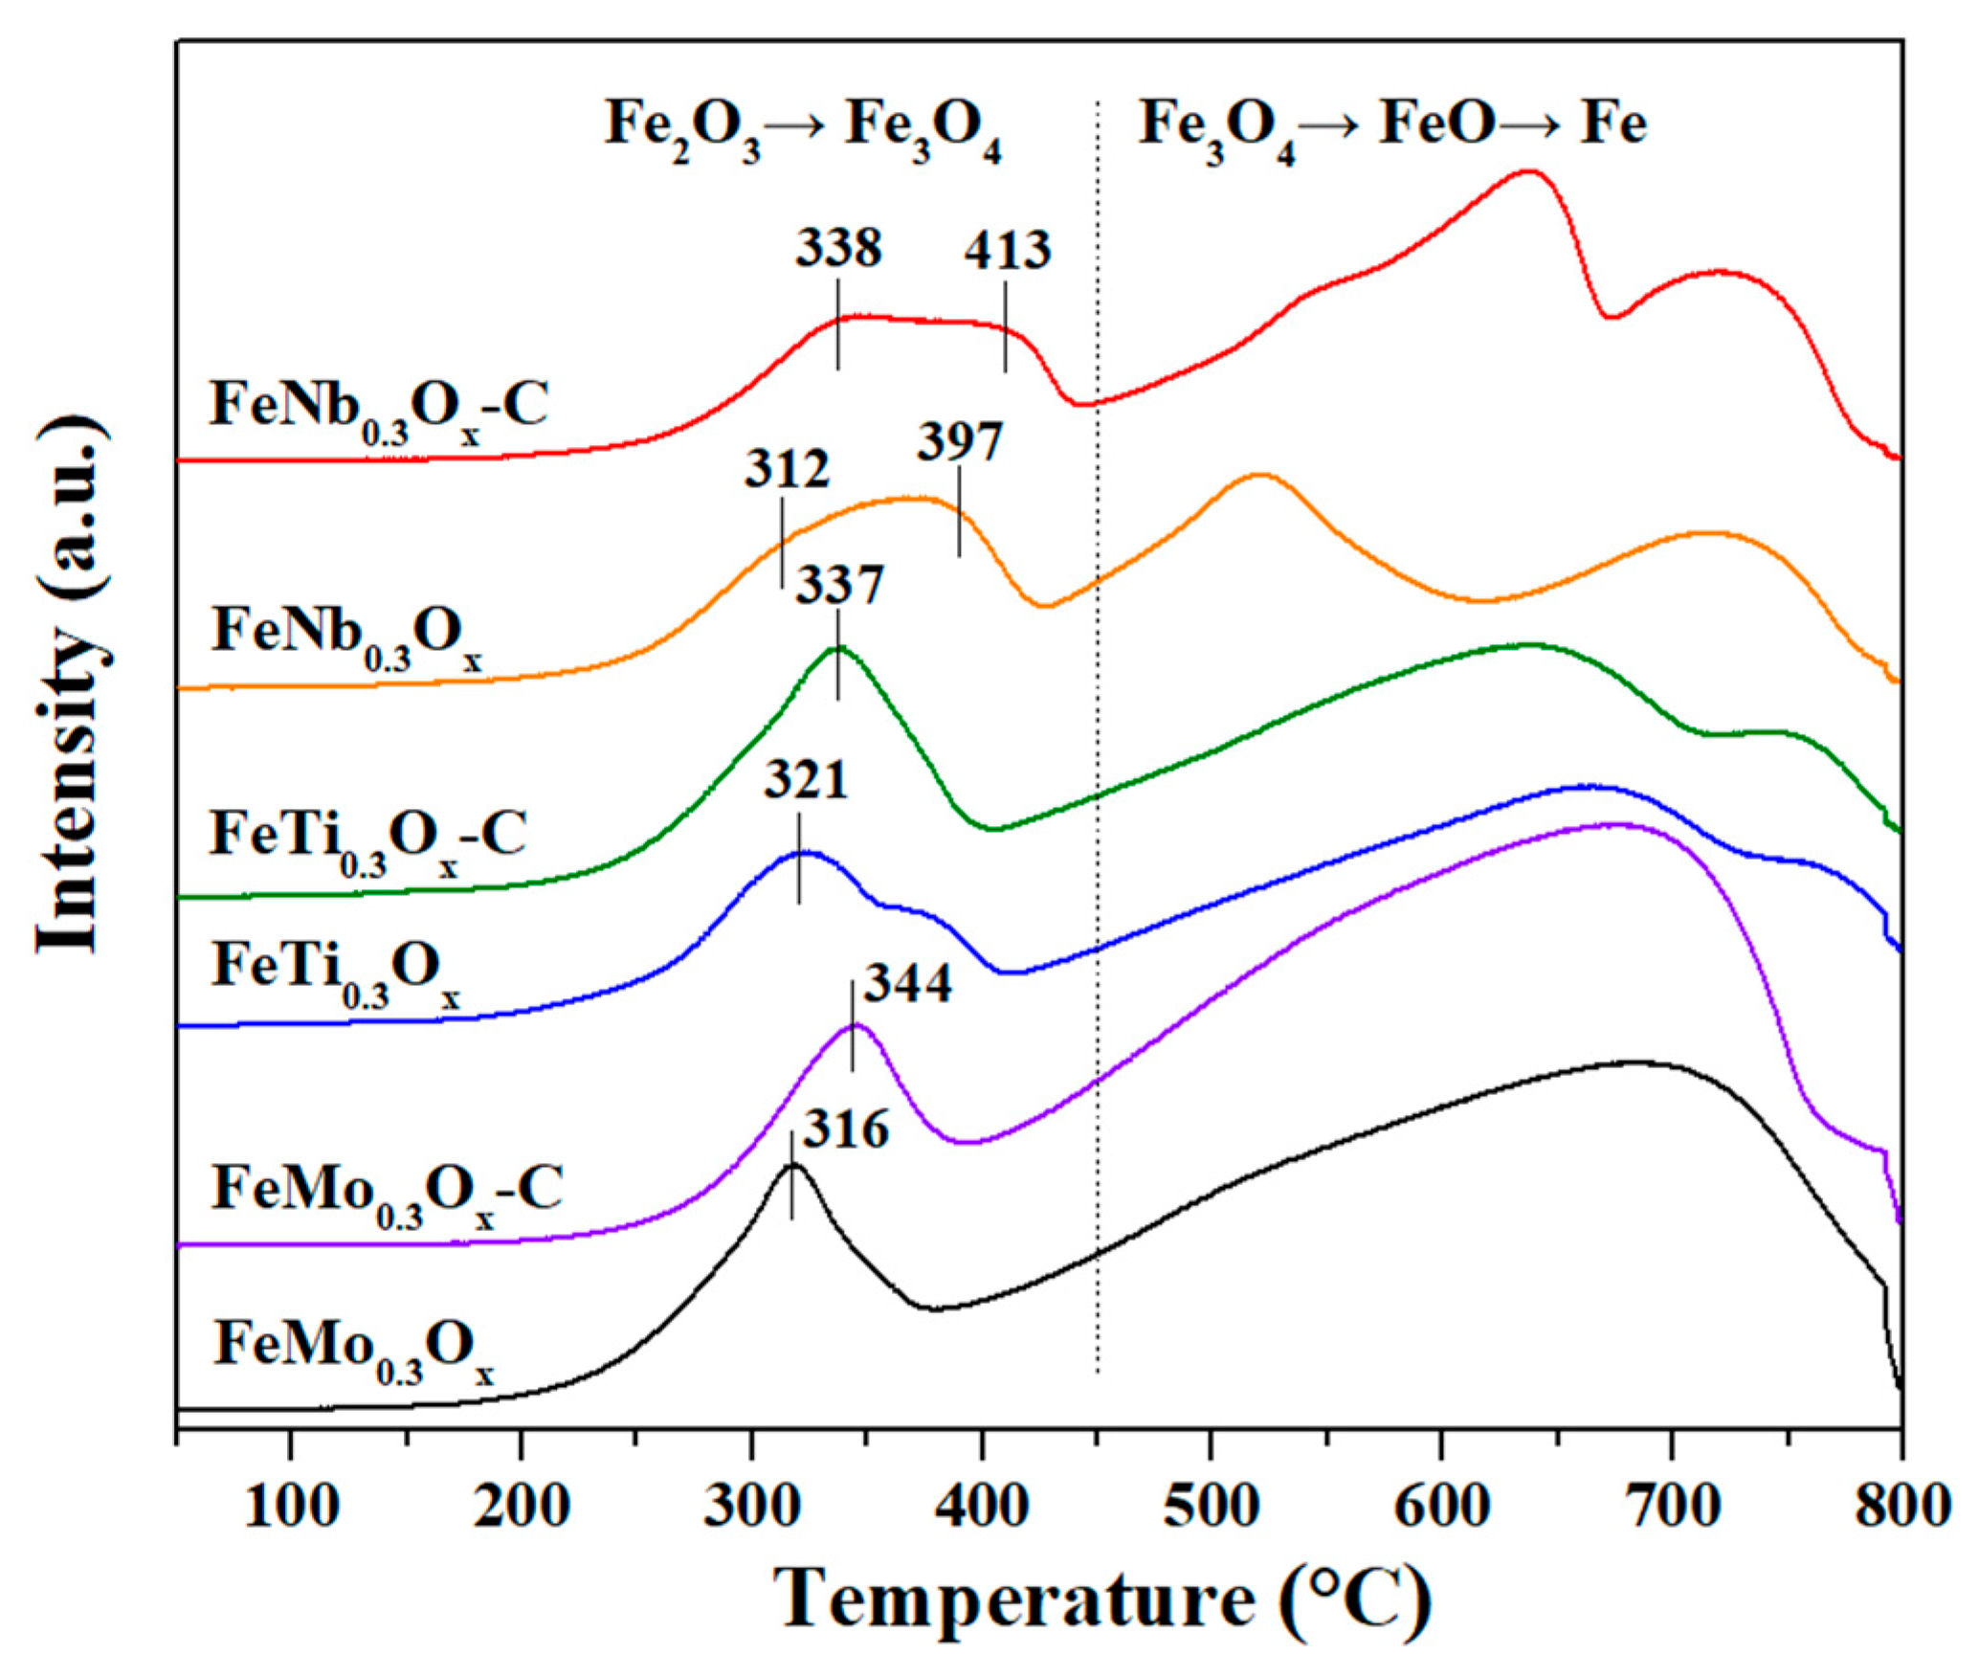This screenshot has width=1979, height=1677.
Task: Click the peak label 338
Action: click(x=838, y=249)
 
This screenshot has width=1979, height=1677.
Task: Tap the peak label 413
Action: click(x=1007, y=251)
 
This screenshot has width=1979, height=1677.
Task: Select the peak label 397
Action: click(x=960, y=442)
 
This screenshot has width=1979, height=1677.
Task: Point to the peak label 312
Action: click(x=788, y=470)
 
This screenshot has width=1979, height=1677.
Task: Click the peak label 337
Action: click(x=839, y=585)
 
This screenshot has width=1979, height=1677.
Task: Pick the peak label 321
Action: click(x=806, y=780)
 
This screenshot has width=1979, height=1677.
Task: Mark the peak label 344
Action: click(x=908, y=983)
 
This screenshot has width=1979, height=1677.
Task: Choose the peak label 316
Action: click(x=846, y=1129)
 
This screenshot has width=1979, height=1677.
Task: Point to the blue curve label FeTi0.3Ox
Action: click(x=336, y=971)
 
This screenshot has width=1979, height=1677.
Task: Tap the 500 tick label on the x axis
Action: click(x=1211, y=1507)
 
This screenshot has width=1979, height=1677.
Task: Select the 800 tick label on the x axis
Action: click(x=1901, y=1507)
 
